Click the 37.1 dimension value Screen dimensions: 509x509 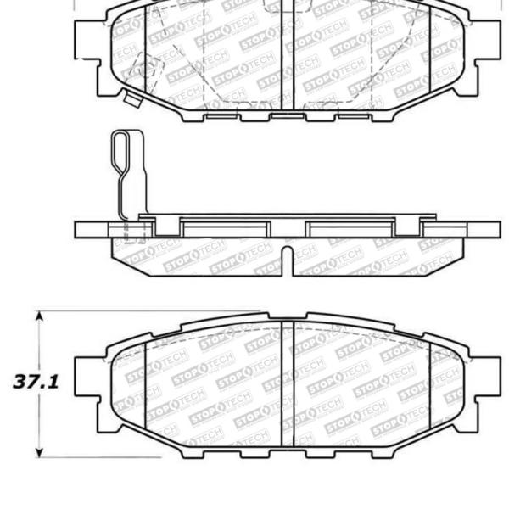click(x=35, y=383)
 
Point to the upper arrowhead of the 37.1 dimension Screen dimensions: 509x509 click(x=39, y=316)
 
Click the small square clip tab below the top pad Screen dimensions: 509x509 click(x=131, y=100)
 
